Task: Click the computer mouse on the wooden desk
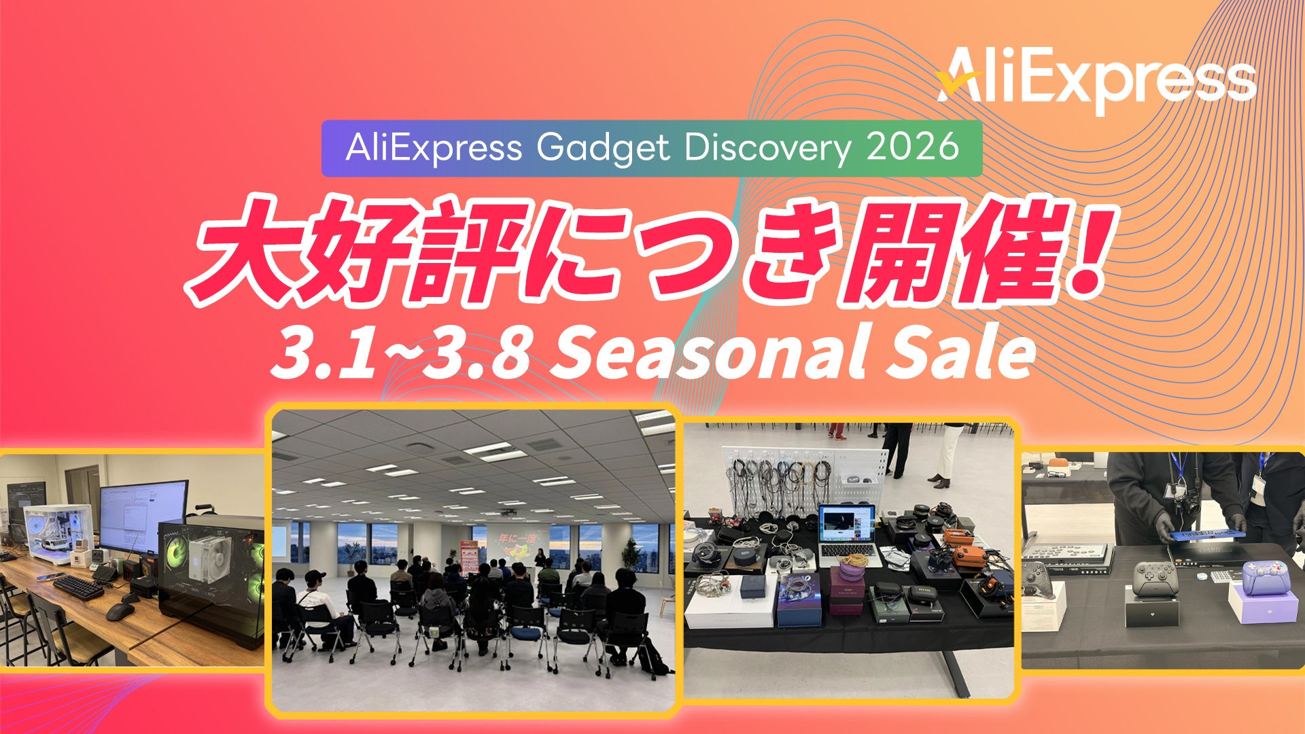point(120,612)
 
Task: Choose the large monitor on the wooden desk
point(143,517)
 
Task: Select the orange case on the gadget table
point(969,555)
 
